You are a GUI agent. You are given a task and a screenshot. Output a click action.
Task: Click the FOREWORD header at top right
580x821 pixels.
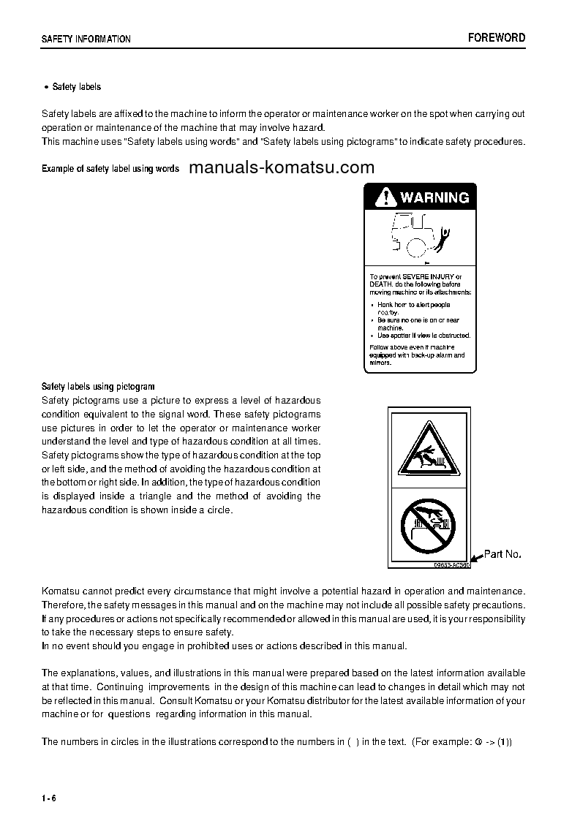coord(497,38)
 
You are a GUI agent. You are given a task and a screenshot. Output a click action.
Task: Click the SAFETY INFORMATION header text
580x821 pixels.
coord(86,39)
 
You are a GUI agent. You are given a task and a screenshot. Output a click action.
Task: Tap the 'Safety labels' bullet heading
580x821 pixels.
coord(76,87)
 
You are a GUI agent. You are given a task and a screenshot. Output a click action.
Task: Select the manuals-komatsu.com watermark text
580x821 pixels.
coord(282,167)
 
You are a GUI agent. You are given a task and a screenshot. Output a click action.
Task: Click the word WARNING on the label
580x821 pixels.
coord(434,197)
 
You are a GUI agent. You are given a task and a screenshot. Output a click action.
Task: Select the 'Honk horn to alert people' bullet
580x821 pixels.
coord(413,305)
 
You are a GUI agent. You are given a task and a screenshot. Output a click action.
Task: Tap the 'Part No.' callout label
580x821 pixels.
coord(503,554)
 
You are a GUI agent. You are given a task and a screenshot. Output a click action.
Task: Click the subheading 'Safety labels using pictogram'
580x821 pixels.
coord(98,386)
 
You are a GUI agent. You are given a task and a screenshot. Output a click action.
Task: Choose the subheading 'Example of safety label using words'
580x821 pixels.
coord(110,169)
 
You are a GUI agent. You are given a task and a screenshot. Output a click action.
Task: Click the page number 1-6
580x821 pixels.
coord(49,797)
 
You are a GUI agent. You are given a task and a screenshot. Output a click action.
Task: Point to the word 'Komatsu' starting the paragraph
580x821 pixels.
coord(62,590)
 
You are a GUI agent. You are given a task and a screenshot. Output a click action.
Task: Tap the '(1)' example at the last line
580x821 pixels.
coord(505,741)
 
